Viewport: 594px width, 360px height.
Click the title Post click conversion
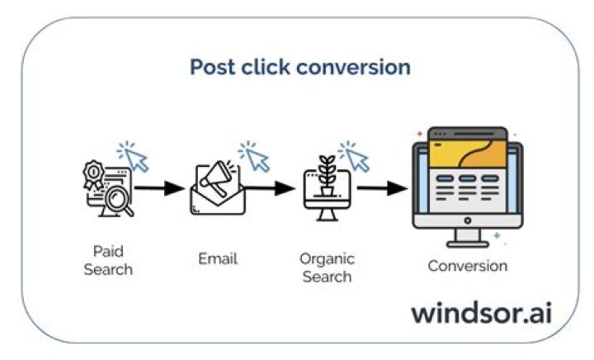[x=300, y=67]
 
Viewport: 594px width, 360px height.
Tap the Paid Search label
[x=107, y=260]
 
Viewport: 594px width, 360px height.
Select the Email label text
[x=218, y=258]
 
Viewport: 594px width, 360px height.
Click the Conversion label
[x=467, y=266]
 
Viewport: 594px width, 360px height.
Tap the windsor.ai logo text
[x=482, y=313]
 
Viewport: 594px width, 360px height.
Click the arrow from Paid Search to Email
[x=160, y=188]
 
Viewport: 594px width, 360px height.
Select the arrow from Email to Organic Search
[x=271, y=188]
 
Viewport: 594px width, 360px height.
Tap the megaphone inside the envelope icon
[x=213, y=181]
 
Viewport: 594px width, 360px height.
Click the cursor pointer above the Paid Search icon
[x=134, y=157]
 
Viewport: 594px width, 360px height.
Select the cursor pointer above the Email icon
[x=255, y=157]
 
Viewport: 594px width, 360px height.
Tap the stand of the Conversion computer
[x=467, y=238]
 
